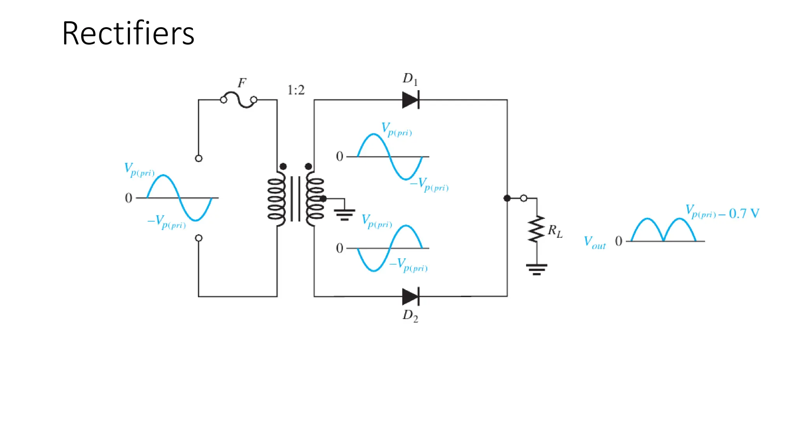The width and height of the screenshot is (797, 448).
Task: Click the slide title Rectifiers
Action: tap(128, 34)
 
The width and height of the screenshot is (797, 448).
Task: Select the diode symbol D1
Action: tap(411, 100)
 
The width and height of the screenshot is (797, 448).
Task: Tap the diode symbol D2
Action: tap(411, 297)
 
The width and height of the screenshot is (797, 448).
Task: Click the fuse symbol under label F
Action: tap(239, 100)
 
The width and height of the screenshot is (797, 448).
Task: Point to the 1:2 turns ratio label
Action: tap(296, 90)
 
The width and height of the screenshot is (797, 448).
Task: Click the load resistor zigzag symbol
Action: tap(537, 229)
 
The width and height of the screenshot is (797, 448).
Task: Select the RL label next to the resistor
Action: tap(555, 231)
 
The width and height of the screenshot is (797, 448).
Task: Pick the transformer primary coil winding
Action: tap(276, 199)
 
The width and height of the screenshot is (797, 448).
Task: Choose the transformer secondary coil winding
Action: tap(315, 199)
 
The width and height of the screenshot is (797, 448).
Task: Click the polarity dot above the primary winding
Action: tap(283, 166)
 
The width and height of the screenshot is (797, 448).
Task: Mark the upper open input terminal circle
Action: tap(198, 158)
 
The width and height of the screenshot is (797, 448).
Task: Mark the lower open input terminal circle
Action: tap(198, 238)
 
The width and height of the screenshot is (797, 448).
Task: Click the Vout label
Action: tap(595, 242)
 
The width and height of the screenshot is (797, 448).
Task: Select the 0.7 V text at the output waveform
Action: tap(744, 213)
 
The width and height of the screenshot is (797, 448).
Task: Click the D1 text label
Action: tap(410, 79)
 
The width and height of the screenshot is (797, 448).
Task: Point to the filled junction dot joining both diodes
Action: tap(507, 198)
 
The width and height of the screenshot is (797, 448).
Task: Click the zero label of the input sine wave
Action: tap(128, 198)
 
